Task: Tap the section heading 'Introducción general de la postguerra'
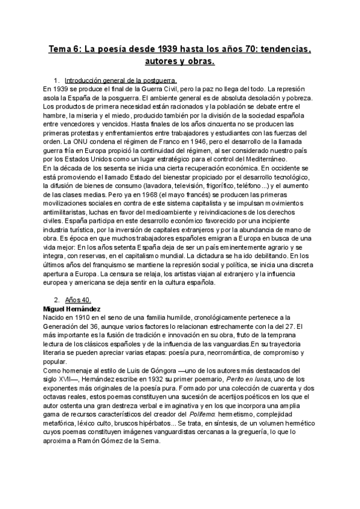coord(120,80)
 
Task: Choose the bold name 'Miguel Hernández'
coord(71,309)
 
